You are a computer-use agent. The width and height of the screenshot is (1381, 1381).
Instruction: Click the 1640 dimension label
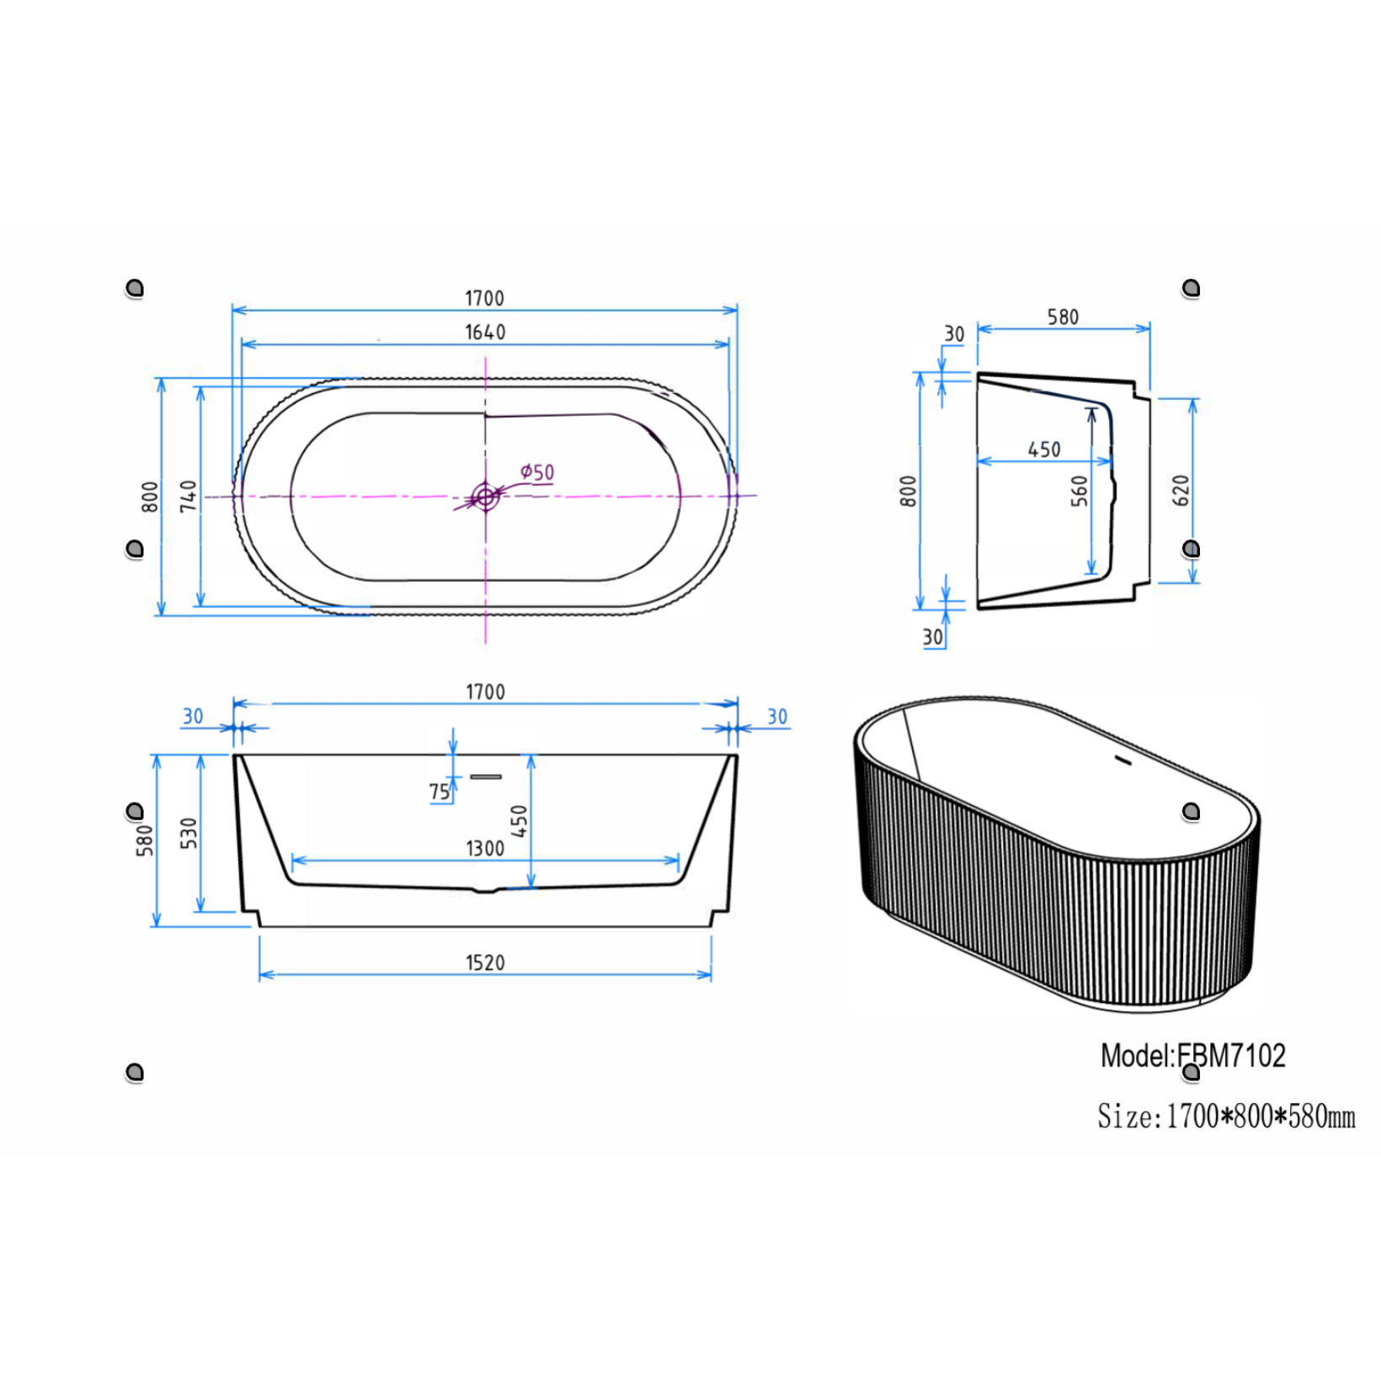coord(485,333)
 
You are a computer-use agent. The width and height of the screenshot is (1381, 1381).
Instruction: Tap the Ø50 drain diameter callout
coord(537,472)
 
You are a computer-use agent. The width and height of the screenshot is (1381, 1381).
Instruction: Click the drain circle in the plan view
coord(485,497)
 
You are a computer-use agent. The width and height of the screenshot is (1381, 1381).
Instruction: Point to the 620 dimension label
coord(1181,490)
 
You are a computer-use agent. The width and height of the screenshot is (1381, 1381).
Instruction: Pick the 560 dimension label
coord(1079,491)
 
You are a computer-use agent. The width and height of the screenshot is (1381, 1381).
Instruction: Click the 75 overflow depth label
coord(440,792)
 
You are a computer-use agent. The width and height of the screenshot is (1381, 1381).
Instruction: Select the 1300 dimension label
coord(485,848)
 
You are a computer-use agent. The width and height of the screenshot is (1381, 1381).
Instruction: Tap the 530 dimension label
coord(189,833)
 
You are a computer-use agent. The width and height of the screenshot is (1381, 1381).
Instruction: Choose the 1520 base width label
coord(485,962)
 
